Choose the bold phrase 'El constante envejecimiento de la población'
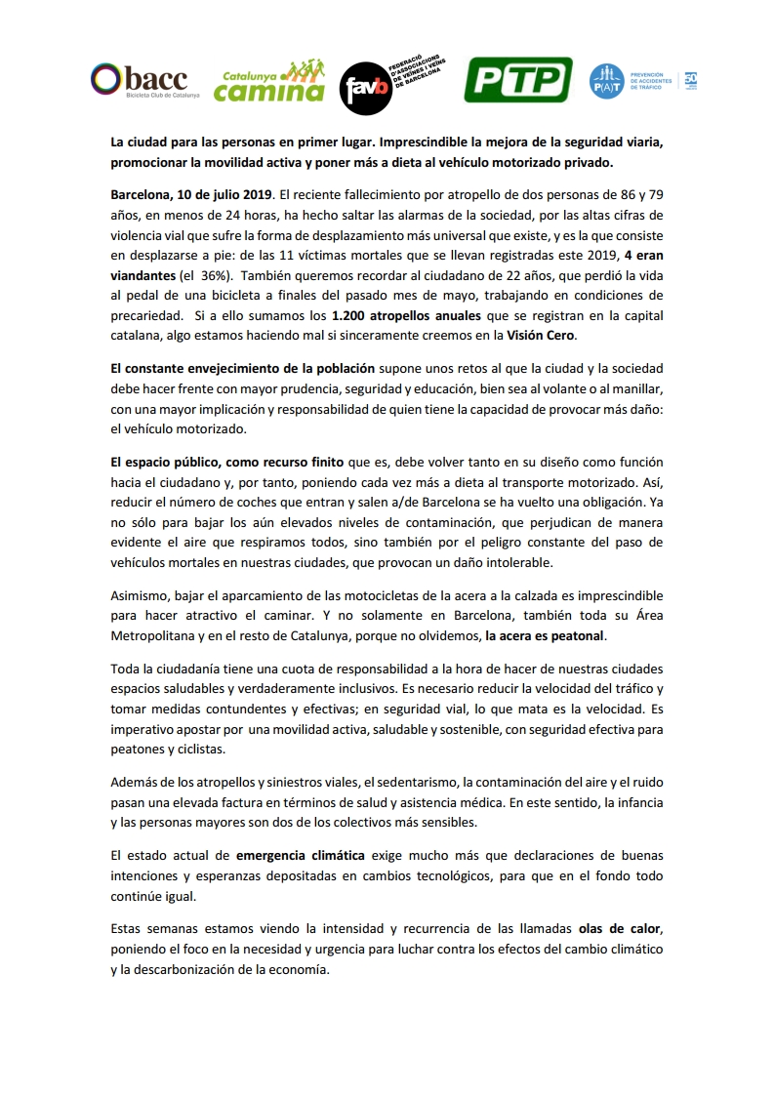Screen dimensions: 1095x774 pyautogui.click(x=242, y=369)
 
